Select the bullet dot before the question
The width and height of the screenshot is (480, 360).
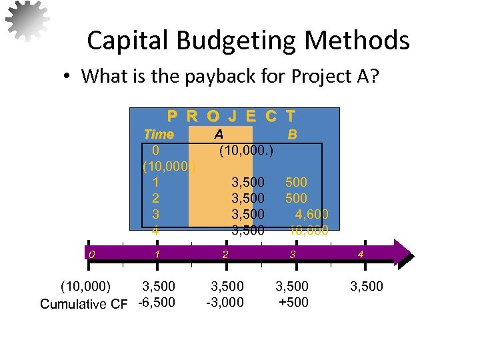[69, 77]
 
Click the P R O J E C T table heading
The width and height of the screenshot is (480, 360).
[232, 117]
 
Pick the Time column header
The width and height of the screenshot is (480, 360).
[159, 134]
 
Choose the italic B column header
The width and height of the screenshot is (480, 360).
[292, 134]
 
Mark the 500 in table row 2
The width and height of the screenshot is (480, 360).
[296, 198]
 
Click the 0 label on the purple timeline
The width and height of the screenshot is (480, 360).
[93, 254]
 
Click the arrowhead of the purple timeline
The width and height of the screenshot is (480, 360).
[404, 254]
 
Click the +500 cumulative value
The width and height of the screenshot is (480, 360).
[294, 303]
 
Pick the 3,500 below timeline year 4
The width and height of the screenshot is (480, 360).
[367, 287]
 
